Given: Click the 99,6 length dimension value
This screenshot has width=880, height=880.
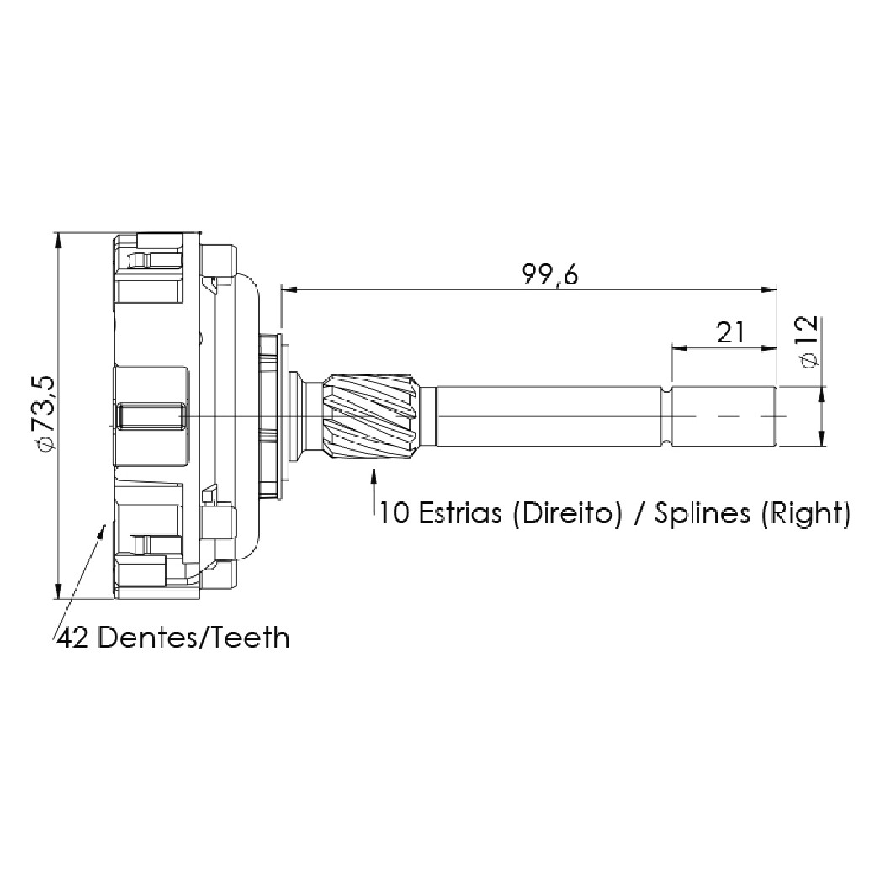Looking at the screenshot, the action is coord(549,276).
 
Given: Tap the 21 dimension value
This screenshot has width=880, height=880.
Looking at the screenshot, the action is coord(729,332).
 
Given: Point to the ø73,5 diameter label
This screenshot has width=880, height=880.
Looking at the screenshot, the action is coord(45,412).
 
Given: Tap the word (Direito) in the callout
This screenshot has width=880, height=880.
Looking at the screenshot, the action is coord(567,513).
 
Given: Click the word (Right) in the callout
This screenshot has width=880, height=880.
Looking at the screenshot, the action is coord(806,514).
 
